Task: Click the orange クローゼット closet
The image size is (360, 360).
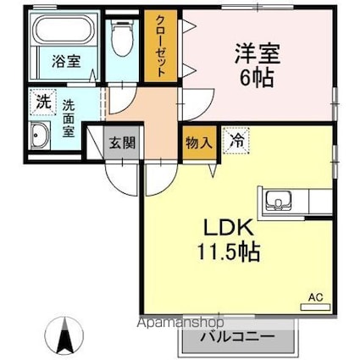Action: (x=158, y=47)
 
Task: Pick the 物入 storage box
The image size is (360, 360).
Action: (x=198, y=142)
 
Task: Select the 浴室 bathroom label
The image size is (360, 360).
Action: (x=60, y=61)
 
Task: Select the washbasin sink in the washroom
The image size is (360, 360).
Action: (x=40, y=136)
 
